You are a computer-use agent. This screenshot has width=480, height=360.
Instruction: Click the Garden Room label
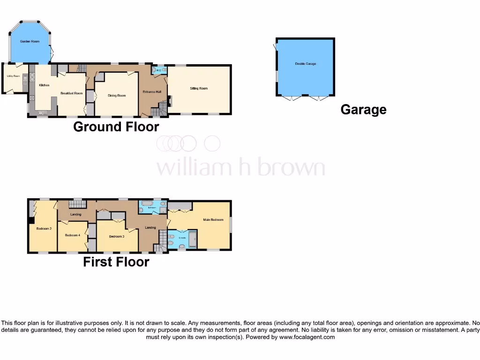pos(29,42)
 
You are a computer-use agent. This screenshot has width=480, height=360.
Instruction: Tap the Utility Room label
pos(13,76)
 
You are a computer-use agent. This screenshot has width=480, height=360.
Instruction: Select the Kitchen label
pos(44,85)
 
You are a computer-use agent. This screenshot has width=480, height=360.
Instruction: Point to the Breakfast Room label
pos(71,93)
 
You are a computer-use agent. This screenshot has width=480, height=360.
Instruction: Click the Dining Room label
pos(117,96)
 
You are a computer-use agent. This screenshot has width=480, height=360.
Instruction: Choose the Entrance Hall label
pos(152,92)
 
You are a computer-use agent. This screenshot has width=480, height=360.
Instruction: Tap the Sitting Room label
pos(199,88)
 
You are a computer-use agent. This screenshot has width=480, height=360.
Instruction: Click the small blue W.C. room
pos(158,71)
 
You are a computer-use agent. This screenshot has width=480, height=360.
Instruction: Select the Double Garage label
pos(305,64)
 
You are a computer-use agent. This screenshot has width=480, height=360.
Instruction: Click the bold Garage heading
pos(363,110)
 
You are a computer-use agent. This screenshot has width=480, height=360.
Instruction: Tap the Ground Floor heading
pos(116,127)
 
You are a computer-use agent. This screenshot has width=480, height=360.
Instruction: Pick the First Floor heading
pos(116,262)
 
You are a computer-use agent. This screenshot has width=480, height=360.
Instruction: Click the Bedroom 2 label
pos(44,229)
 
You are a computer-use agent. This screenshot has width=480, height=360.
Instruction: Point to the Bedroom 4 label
pos(72,235)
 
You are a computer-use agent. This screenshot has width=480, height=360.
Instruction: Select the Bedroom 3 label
pos(117,237)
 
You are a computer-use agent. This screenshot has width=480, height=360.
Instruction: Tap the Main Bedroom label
pos(213,219)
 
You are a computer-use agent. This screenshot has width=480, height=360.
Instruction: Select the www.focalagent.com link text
pos(307,337)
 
